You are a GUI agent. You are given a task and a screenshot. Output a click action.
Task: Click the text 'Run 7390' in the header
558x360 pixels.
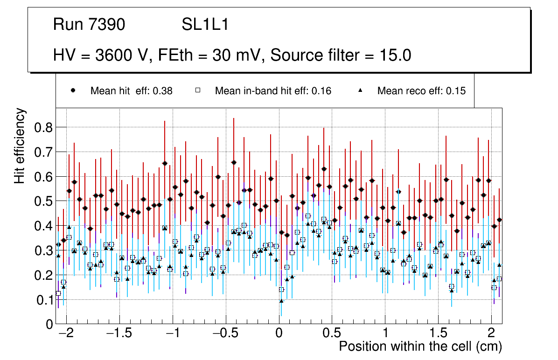[x=89, y=25]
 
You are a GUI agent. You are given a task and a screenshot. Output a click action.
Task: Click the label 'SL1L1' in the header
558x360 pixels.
[x=205, y=25]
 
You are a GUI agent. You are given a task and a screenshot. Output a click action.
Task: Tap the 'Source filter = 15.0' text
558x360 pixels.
[x=341, y=55]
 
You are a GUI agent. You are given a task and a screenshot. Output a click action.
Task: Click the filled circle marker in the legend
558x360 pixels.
[x=73, y=90]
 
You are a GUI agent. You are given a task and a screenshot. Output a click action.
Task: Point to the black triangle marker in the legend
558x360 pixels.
[x=360, y=90]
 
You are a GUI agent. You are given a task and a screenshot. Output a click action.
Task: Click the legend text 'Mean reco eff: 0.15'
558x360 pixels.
[x=421, y=91]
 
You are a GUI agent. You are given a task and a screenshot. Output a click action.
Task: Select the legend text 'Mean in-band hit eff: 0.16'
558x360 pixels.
[x=273, y=91]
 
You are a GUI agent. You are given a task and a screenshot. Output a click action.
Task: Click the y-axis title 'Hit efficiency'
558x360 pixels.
[x=20, y=145]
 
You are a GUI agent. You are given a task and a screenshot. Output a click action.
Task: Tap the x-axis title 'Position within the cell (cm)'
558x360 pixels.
[x=420, y=347]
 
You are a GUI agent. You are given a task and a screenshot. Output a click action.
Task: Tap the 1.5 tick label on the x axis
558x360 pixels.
[x=438, y=334]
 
